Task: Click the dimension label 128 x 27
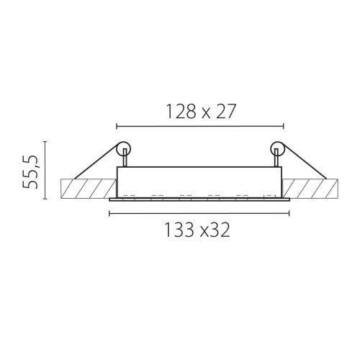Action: [201, 112]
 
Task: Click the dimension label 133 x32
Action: [197, 230]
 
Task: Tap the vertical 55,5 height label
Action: [30, 172]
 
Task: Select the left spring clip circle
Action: [124, 148]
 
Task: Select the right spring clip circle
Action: [277, 148]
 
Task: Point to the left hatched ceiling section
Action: [89, 189]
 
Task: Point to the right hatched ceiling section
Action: [310, 189]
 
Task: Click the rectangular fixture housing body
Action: [199, 182]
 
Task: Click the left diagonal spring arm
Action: [96, 161]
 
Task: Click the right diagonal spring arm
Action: [305, 161]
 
